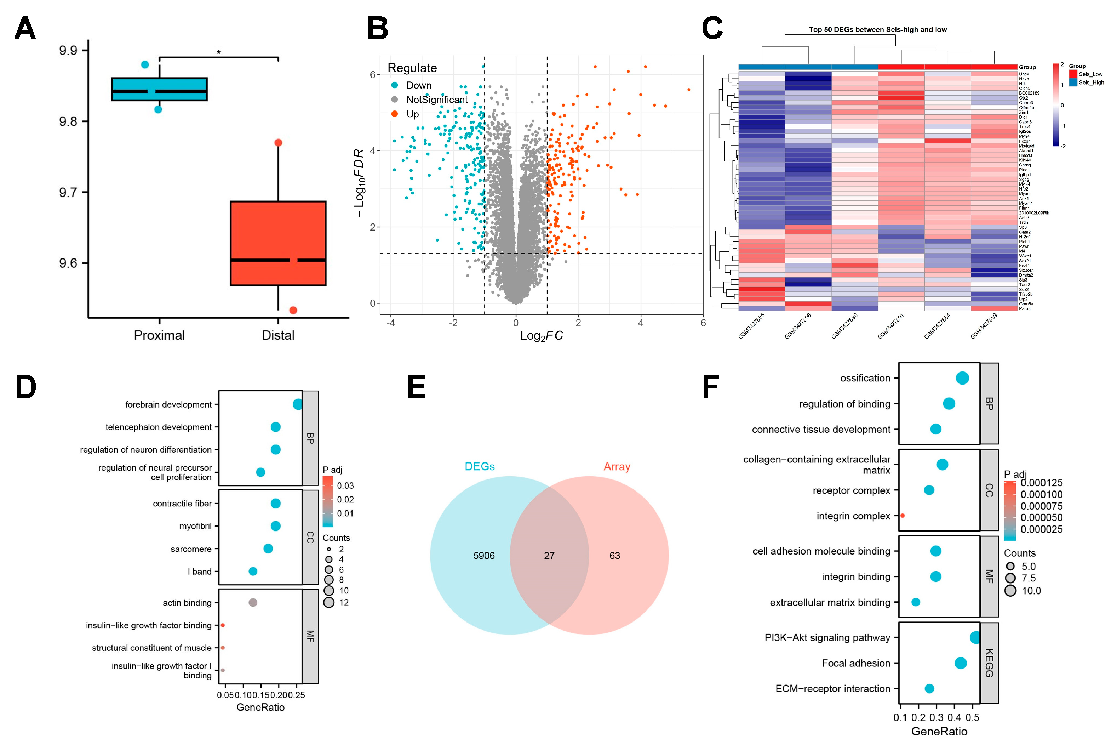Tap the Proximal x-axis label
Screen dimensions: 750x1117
tap(159, 335)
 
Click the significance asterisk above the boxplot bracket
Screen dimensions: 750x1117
tap(219, 52)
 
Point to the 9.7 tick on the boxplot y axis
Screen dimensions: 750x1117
tap(68, 192)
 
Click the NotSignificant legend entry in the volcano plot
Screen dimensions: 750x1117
tap(436, 100)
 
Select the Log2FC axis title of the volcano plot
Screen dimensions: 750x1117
tap(541, 336)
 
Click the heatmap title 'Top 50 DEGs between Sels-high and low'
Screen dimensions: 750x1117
tap(877, 30)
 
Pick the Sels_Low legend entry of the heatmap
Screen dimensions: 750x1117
tap(1090, 74)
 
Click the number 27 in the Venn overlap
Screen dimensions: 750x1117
tap(549, 556)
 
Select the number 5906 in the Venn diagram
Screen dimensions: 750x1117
tap(484, 556)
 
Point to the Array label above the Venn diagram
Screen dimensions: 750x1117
tap(617, 466)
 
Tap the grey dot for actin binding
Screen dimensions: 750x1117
tap(253, 603)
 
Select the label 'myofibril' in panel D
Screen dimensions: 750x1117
tap(195, 526)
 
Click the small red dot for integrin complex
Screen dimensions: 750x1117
tap(903, 516)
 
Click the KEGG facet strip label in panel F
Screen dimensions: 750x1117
tap(989, 663)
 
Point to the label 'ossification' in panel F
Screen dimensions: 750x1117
tap(865, 378)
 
